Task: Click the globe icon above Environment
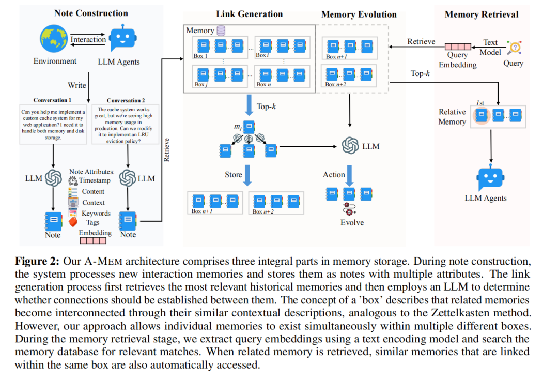(54, 38)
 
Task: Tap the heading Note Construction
(91, 13)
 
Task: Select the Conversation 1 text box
(53, 124)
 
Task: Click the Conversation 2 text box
(125, 125)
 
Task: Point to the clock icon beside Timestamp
(73, 180)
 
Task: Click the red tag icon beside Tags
(73, 222)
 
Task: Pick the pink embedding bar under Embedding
(93, 240)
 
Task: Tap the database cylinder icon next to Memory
(221, 31)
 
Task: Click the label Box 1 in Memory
(200, 56)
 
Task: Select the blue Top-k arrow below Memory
(249, 105)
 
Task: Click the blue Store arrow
(247, 175)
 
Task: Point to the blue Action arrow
(349, 176)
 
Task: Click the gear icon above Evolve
(349, 209)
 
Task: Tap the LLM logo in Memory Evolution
(350, 146)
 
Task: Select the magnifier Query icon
(515, 48)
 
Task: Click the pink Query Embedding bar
(458, 47)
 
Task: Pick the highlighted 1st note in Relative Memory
(482, 115)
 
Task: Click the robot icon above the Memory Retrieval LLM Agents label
(491, 177)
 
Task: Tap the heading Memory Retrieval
(482, 14)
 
